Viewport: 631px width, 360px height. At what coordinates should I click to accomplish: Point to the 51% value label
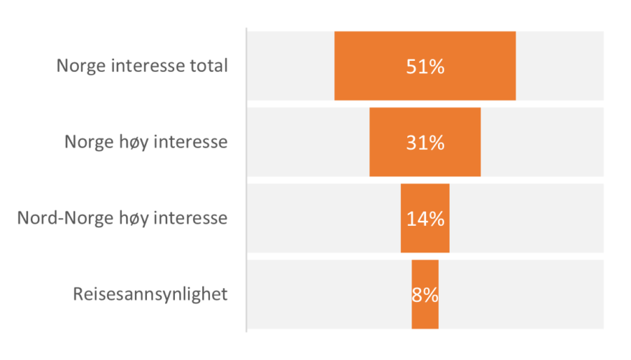425,67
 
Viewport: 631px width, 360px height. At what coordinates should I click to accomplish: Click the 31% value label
425,143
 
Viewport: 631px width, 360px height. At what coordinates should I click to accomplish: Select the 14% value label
425,219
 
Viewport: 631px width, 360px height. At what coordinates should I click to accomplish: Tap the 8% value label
425,295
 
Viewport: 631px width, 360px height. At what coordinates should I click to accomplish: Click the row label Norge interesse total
142,67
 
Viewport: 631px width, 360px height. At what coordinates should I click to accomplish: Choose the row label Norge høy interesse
146,142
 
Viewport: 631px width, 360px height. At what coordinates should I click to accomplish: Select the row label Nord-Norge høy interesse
123,218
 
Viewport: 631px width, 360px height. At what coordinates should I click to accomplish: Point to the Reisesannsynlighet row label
151,294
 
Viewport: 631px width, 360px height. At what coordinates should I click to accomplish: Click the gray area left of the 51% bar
290,67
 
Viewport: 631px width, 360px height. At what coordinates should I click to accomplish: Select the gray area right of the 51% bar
559,67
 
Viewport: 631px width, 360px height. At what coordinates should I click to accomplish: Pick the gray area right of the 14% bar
526,219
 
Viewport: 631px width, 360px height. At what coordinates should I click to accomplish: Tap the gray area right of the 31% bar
542,142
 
